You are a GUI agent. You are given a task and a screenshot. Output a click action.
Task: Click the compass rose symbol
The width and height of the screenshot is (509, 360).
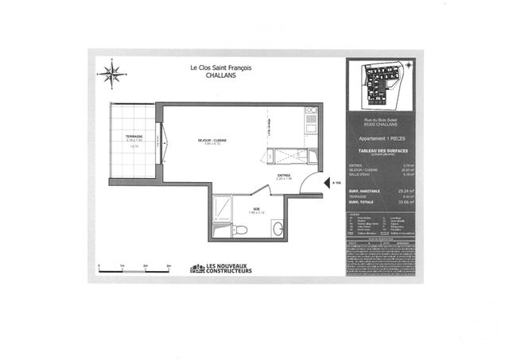[111, 74]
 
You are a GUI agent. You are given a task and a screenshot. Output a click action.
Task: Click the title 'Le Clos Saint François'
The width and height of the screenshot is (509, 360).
[221, 68]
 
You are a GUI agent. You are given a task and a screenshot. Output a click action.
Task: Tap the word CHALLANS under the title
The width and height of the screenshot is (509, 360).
[221, 76]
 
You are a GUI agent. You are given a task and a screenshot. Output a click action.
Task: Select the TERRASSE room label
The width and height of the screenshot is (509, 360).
[133, 137]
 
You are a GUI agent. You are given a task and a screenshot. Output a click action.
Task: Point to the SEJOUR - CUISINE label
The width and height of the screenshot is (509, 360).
[212, 140]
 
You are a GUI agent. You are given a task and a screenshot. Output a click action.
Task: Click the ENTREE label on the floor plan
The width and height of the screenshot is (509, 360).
[284, 175]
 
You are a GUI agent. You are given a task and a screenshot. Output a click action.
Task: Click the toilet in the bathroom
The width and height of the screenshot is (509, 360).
[241, 230]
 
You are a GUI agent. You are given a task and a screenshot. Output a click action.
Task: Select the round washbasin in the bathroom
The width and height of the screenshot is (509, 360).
[278, 229]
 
